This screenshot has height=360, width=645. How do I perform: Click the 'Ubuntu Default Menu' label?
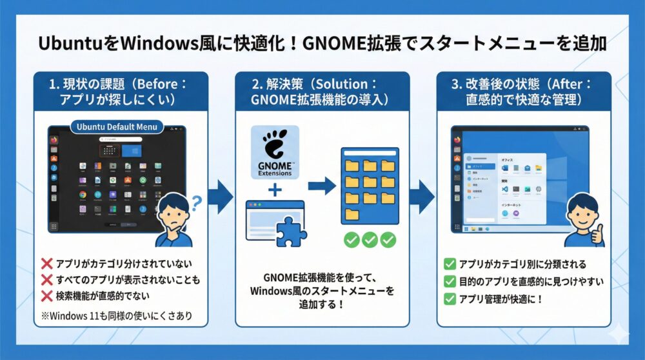(x=117, y=126)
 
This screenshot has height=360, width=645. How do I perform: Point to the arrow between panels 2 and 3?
(x=422, y=196)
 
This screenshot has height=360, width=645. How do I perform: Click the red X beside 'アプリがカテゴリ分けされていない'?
(x=46, y=264)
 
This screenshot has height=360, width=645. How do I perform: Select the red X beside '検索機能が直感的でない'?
(x=46, y=296)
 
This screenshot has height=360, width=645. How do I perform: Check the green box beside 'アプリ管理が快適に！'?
(x=450, y=299)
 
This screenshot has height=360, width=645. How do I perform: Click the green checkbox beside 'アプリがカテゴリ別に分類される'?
(x=450, y=264)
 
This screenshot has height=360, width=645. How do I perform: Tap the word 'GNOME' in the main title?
(x=330, y=44)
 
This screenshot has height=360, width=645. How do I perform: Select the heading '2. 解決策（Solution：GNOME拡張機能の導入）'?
(x=322, y=93)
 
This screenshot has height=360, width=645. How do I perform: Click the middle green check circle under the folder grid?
(x=370, y=240)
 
